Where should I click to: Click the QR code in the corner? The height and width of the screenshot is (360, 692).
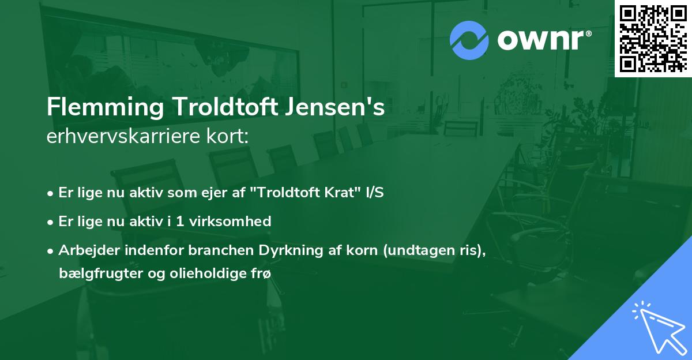653,39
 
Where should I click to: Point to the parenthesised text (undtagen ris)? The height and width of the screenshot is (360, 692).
424,250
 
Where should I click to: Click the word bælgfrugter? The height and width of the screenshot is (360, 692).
93,273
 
